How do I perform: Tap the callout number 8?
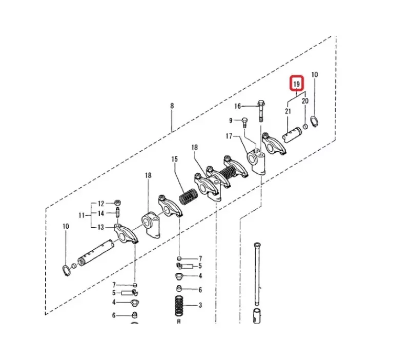(x=172, y=106)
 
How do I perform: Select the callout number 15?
(x=174, y=159)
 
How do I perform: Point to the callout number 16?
(x=237, y=106)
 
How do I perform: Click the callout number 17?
(x=229, y=136)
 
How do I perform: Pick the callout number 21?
(x=288, y=111)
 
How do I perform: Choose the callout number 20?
(x=305, y=101)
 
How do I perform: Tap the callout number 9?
(x=231, y=120)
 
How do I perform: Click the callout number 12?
(x=101, y=203)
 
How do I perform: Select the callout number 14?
(x=101, y=213)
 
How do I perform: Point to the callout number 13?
(x=101, y=227)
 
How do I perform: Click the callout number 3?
(x=200, y=305)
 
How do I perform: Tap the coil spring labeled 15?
(x=188, y=196)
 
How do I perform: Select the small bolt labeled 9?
(x=244, y=122)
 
